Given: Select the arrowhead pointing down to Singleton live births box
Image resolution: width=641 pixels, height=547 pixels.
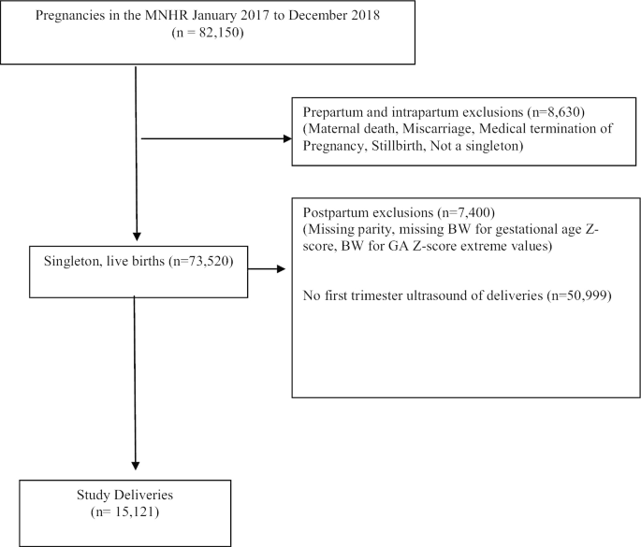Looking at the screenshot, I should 137,238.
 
